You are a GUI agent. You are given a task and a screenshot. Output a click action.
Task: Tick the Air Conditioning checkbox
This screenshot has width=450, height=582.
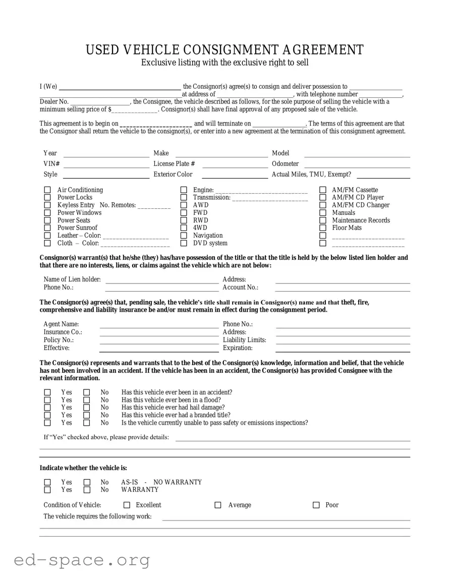[47, 190]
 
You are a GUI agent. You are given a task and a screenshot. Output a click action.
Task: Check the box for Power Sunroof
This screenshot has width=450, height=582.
[47, 228]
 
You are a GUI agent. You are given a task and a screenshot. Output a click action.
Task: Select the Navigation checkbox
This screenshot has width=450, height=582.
[184, 236]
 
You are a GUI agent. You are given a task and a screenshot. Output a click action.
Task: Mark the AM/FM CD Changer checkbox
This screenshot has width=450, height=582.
[323, 205]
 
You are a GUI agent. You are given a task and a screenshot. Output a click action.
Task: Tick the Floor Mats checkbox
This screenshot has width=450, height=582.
[323, 228]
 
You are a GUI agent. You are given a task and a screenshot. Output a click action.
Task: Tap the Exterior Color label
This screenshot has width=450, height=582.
[173, 174]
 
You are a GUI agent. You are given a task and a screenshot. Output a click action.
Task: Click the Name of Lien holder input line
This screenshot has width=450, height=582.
[161, 282]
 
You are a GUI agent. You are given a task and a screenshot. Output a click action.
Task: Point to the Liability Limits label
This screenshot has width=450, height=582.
[244, 340]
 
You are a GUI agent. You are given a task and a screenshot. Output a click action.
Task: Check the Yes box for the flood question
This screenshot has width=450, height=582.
[47, 400]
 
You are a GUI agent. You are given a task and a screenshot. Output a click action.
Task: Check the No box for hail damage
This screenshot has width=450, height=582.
[87, 408]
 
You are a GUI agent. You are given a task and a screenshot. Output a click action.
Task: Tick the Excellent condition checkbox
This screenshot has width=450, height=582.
[127, 505]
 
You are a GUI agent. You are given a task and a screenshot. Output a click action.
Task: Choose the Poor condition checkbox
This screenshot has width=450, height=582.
[316, 505]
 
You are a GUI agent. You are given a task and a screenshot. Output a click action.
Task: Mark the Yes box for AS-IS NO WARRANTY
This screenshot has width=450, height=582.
[47, 483]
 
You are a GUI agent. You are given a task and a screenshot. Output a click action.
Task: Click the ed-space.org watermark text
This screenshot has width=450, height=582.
[82, 560]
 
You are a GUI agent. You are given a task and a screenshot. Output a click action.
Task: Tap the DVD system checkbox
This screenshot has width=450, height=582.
[184, 243]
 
